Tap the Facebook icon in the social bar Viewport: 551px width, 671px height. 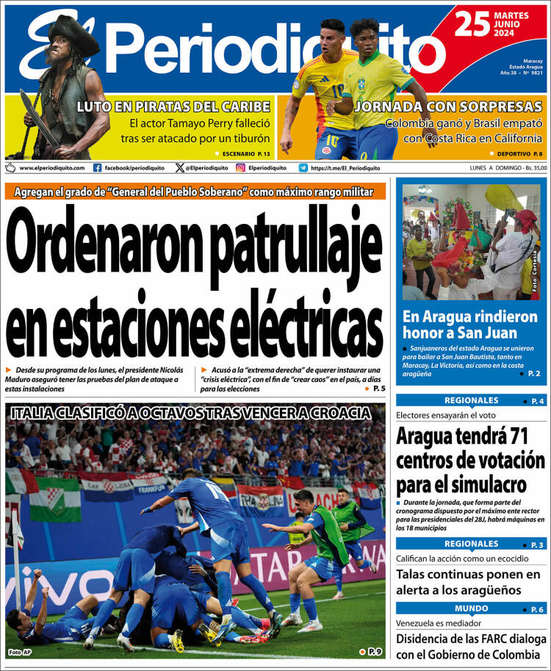point(98,168)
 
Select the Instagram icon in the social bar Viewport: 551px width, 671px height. point(240,168)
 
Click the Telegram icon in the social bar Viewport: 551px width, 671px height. point(303,168)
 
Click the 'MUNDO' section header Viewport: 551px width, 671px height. point(471,609)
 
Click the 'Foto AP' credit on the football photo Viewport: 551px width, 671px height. point(21,652)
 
